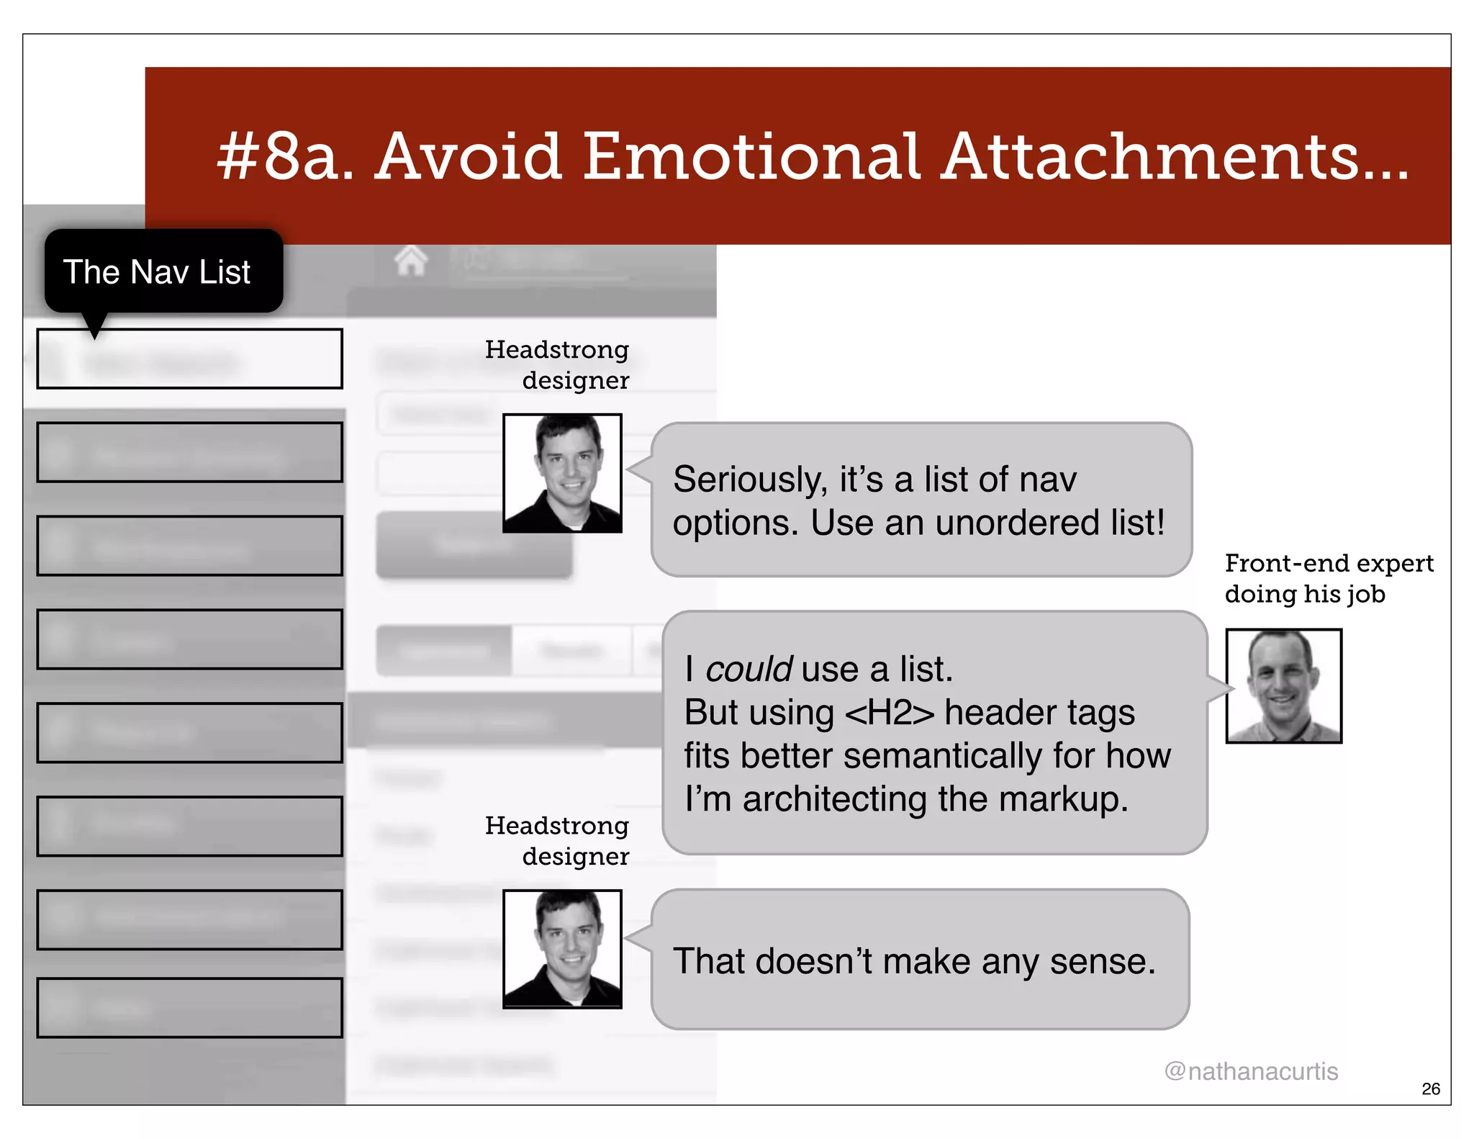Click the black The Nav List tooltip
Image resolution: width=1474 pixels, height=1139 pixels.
[x=163, y=271]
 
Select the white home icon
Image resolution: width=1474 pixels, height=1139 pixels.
[x=411, y=260]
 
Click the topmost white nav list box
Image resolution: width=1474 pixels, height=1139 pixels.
[x=189, y=359]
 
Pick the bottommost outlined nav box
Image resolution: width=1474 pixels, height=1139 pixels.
[x=189, y=1007]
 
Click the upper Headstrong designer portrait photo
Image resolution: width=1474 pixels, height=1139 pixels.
[x=562, y=473]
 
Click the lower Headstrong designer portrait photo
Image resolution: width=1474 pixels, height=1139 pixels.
[x=562, y=949]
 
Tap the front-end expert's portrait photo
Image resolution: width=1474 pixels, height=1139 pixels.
[x=1283, y=685]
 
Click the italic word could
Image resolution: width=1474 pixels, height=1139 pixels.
[x=749, y=670]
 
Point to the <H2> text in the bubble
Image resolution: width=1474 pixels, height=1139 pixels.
[x=890, y=713]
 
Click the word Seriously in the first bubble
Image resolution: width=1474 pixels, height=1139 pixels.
[x=749, y=480]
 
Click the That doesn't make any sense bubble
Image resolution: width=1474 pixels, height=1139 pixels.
[x=920, y=960]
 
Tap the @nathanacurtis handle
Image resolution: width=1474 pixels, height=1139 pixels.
[x=1251, y=1071]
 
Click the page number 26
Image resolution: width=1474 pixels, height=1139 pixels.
[x=1431, y=1089]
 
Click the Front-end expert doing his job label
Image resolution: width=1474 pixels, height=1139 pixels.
[x=1329, y=578]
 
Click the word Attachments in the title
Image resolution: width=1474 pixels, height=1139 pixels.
[x=1175, y=156]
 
